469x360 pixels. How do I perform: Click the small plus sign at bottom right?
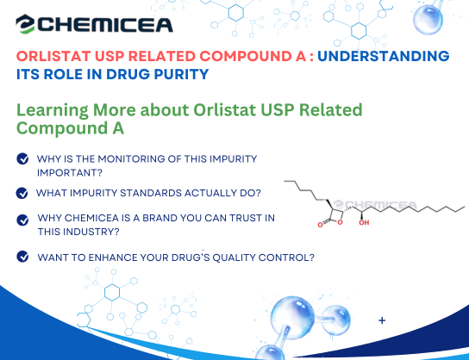pos(382,320)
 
